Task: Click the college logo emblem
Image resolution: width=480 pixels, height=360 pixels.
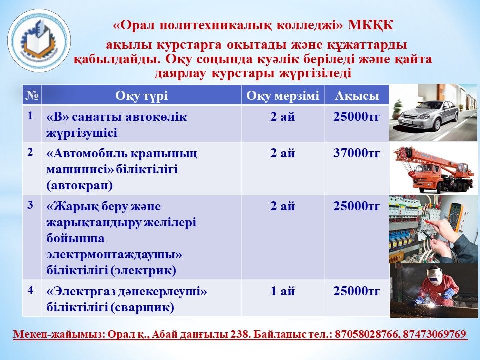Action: pyautogui.click(x=39, y=40)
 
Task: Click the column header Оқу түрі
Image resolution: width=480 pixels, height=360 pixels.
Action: pyautogui.click(x=141, y=96)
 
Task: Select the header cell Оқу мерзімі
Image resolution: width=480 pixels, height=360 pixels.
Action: pyautogui.click(x=283, y=96)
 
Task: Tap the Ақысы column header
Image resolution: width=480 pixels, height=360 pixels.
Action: pyautogui.click(x=357, y=96)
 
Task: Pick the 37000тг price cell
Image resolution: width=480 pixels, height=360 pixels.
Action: pyautogui.click(x=357, y=153)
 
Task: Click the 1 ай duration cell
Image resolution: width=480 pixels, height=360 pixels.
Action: pyautogui.click(x=283, y=291)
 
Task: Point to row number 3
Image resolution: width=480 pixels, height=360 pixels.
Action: pyautogui.click(x=30, y=205)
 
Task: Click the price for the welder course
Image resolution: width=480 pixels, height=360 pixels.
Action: pyautogui.click(x=357, y=291)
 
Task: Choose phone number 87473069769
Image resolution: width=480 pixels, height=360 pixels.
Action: pyautogui.click(x=434, y=334)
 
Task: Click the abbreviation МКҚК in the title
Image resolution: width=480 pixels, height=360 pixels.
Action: pyautogui.click(x=370, y=25)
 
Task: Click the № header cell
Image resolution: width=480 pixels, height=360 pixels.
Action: pyautogui.click(x=32, y=96)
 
